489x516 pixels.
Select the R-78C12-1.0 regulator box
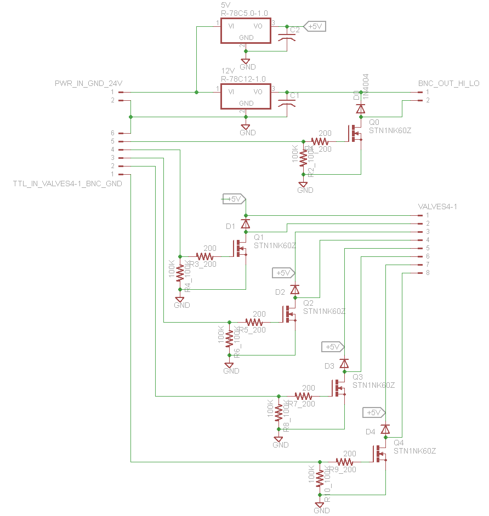[x=246, y=97]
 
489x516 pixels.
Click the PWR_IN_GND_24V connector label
[x=88, y=83]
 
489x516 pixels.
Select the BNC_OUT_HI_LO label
[x=448, y=83]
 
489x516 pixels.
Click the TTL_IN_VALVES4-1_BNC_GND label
[x=67, y=184]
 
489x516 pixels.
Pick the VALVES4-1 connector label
[x=437, y=207]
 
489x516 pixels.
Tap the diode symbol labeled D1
[x=246, y=223]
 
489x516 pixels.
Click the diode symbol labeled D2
[x=295, y=289]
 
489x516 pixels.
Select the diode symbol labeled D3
[x=344, y=363]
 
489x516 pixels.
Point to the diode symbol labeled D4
[x=385, y=429]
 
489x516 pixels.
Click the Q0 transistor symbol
[x=355, y=133]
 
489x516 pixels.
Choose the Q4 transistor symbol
[x=380, y=454]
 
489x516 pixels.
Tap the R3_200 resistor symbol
[x=206, y=256]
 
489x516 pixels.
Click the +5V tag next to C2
[x=315, y=26]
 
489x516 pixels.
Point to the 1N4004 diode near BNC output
[x=361, y=108]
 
